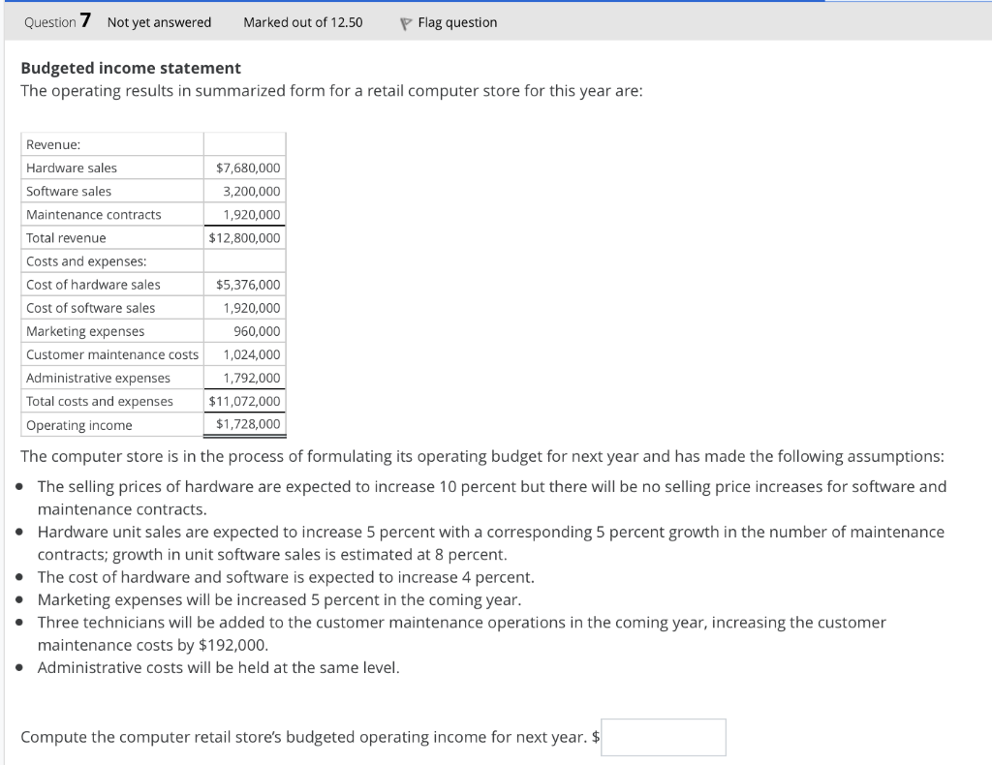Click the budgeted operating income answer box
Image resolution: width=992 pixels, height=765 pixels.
pos(664,737)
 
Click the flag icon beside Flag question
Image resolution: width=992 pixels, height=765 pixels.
pos(406,22)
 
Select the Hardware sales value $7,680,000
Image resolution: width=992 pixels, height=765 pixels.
pos(248,168)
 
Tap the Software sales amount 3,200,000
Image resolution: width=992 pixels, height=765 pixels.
pos(252,192)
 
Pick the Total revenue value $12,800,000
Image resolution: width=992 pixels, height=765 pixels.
pos(245,238)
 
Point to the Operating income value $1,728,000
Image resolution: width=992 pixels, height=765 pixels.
pos(248,424)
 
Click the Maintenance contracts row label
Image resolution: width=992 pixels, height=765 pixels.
pos(94,215)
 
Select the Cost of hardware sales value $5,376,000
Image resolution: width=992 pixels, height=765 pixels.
pos(248,285)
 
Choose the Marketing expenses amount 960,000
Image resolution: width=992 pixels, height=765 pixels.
pos(257,331)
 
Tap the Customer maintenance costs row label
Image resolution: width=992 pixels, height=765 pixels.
pos(112,354)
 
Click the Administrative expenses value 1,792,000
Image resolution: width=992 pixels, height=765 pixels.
pos(252,378)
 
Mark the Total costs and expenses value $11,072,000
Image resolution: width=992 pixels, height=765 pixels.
pos(245,401)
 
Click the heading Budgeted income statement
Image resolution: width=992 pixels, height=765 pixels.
pos(131,68)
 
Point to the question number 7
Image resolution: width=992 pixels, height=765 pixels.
pos(86,21)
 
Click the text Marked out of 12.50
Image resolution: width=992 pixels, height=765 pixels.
pos(303,22)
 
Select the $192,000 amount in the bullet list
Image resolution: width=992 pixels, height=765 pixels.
pos(232,645)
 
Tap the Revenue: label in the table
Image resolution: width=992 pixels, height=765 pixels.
pos(53,145)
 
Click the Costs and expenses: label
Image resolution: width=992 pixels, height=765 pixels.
pos(86,261)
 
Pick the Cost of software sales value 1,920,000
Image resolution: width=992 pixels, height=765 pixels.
pos(252,308)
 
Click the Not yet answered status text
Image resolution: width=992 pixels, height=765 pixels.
pos(159,22)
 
